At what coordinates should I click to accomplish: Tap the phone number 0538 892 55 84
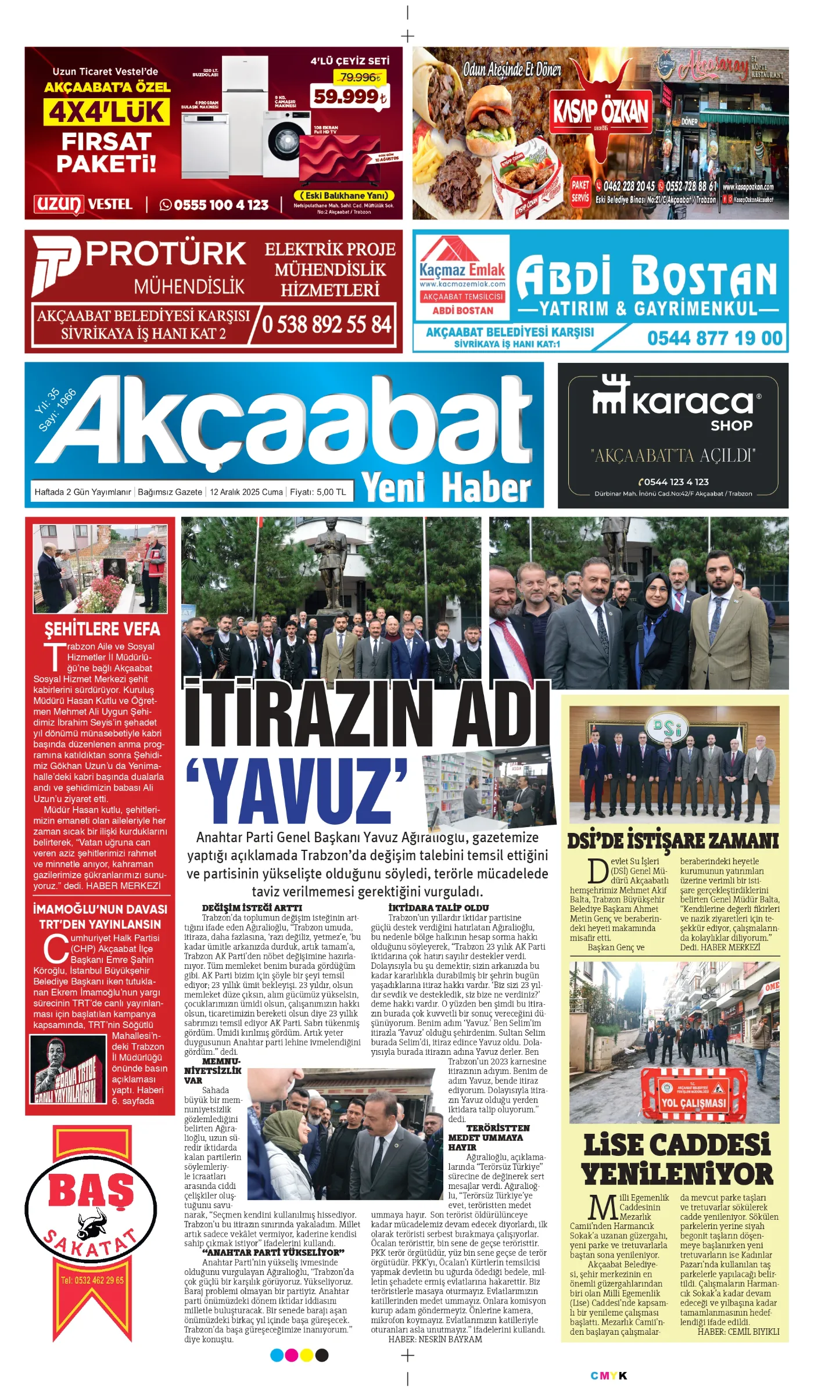[327, 324]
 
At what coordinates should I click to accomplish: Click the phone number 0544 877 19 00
[714, 338]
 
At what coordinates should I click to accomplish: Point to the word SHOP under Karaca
[731, 426]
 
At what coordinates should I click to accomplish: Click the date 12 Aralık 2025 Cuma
[246, 492]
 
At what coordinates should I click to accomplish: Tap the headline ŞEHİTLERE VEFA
[102, 629]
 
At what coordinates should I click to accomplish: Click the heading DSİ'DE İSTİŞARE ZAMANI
[672, 841]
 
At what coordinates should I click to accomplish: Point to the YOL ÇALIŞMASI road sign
[693, 1102]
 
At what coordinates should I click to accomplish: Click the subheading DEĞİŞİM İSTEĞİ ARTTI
[252, 907]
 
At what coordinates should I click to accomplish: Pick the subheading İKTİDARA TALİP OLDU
[438, 907]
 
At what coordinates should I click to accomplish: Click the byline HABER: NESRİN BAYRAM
[435, 1339]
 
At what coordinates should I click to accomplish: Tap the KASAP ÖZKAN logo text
[600, 111]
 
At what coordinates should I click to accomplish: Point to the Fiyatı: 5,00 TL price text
[318, 492]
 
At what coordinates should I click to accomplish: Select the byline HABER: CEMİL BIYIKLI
[738, 1331]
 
